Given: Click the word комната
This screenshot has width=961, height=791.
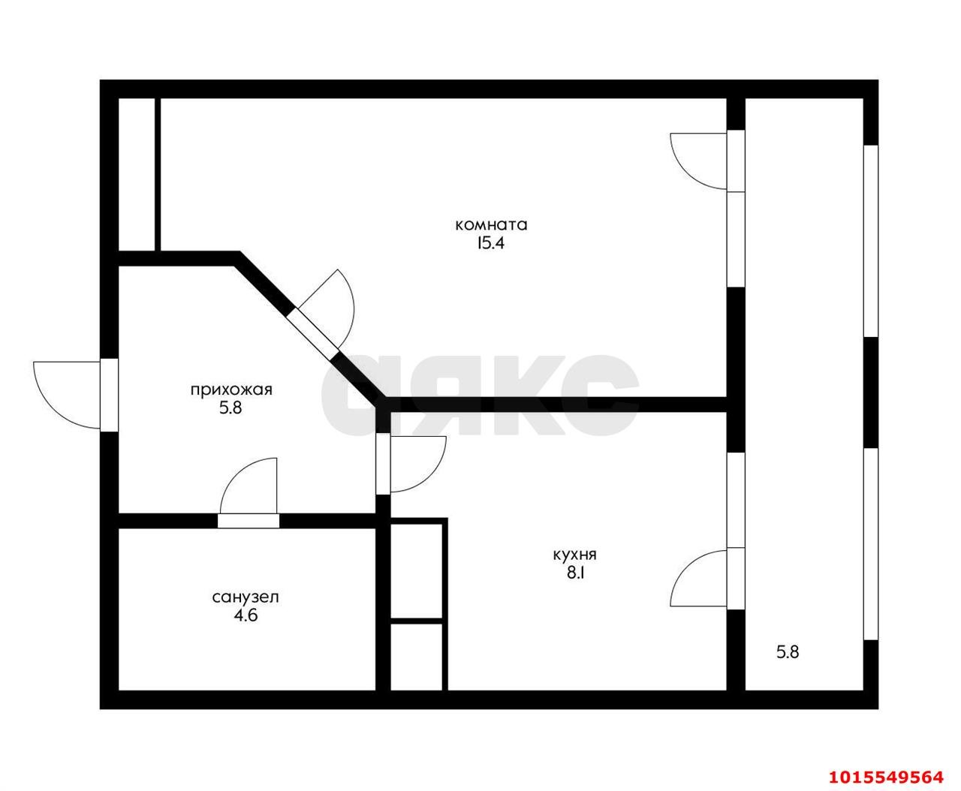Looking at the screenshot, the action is tap(491, 225).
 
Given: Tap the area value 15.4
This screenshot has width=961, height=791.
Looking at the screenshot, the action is tap(490, 243).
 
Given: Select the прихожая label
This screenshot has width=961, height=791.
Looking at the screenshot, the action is tap(231, 390).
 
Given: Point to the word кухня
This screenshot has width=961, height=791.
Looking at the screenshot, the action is tap(575, 555).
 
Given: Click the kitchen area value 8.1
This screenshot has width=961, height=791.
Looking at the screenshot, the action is tap(575, 573).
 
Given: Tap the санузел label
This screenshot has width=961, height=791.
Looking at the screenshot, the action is tap(246, 597).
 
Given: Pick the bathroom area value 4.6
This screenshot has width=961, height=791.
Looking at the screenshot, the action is tap(246, 615).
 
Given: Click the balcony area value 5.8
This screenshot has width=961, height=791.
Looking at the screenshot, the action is tap(788, 652).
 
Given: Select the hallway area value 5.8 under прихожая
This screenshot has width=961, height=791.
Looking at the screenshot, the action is tap(230, 408).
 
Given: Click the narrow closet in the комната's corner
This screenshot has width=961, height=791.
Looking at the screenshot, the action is tap(137, 174).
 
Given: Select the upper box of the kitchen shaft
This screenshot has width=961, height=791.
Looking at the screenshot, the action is tap(417, 571).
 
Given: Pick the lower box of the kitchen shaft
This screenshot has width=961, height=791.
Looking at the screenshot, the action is tap(417, 657).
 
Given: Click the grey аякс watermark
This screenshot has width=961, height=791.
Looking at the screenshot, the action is tap(480, 395).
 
